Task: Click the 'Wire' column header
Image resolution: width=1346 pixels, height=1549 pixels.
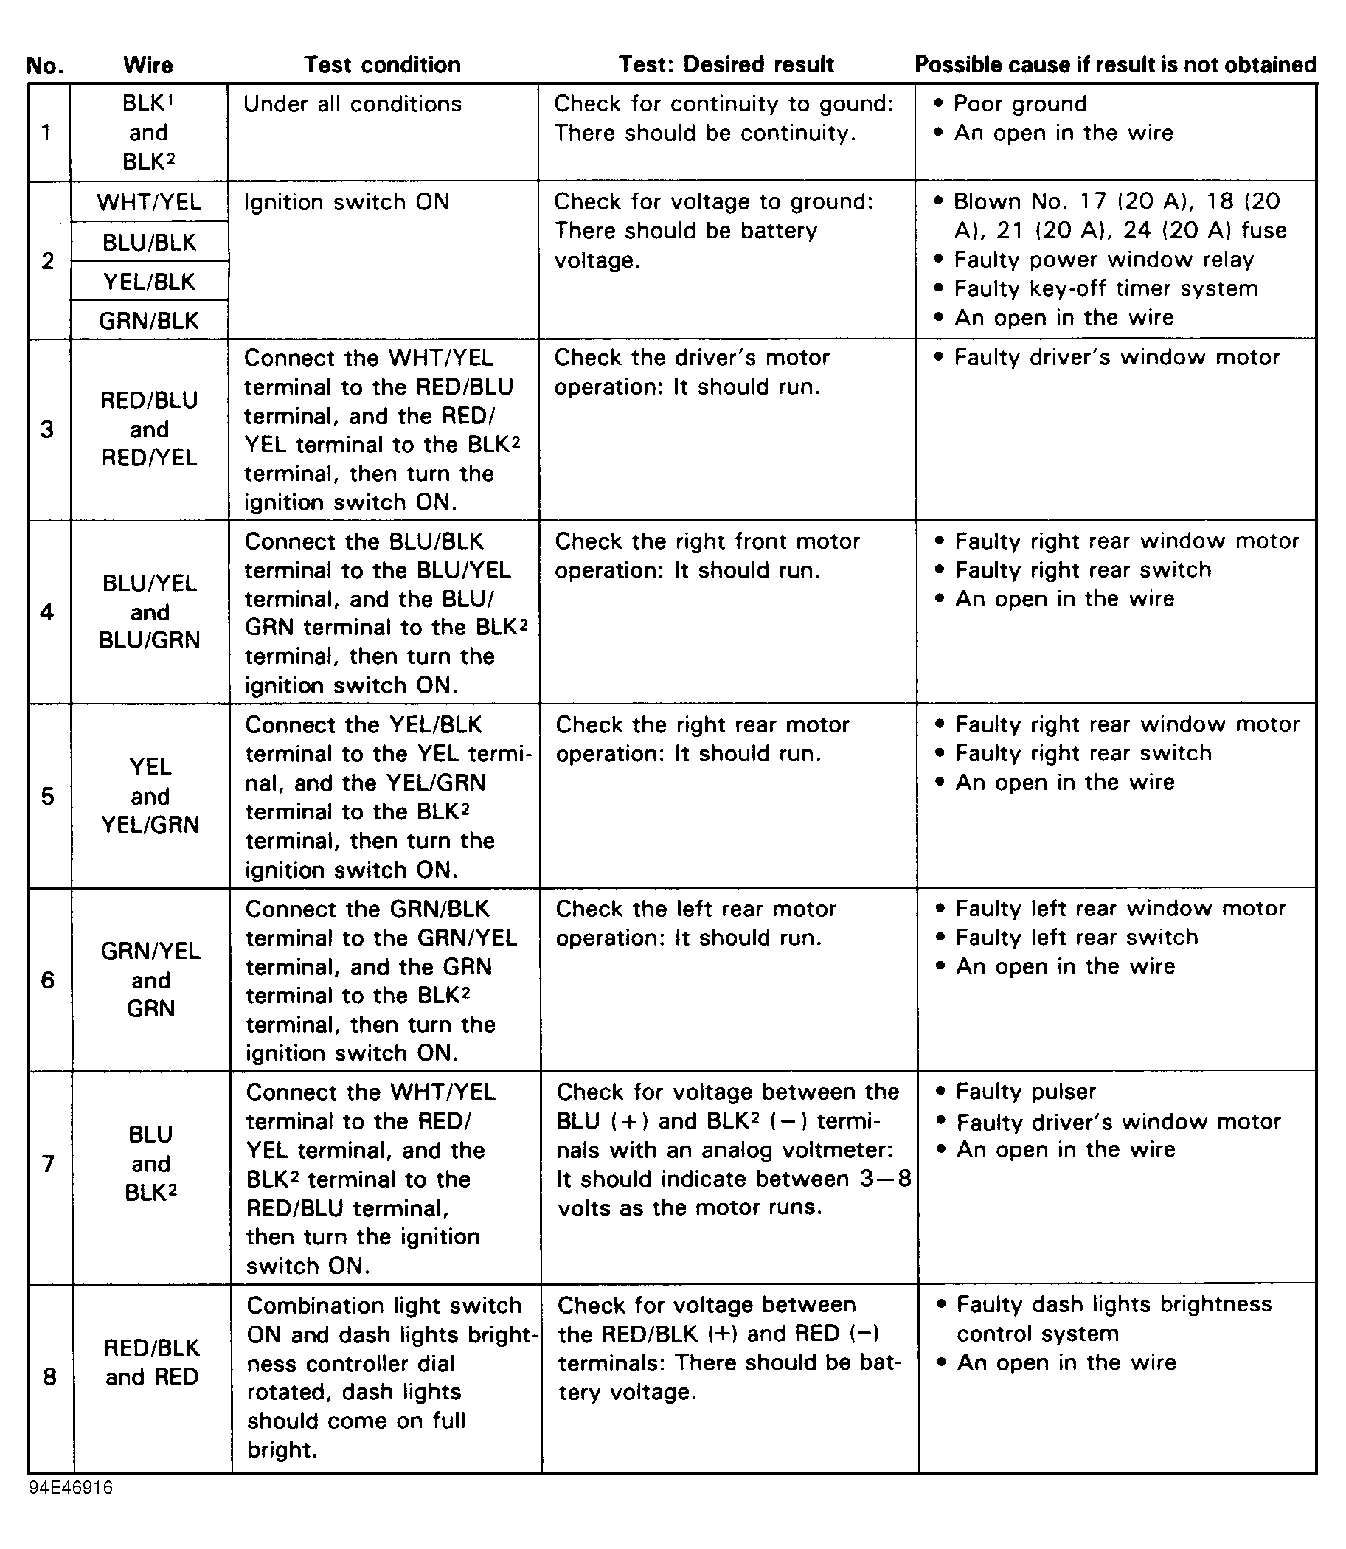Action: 148,66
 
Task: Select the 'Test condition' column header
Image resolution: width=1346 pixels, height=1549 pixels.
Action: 381,65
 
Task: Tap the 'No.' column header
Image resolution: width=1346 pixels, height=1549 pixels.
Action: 44,66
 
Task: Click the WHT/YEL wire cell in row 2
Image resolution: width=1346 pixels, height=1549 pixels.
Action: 150,202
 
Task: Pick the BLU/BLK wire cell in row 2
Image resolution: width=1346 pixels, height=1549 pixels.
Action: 150,242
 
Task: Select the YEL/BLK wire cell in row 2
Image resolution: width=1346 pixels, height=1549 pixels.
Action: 150,282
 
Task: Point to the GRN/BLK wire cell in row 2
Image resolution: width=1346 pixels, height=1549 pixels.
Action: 150,321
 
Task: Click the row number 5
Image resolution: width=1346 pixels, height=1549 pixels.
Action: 48,796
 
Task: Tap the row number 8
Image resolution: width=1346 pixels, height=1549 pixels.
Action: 49,1376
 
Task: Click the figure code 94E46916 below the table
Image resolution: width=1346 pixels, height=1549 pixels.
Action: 72,1487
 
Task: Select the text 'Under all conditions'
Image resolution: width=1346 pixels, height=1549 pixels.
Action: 353,104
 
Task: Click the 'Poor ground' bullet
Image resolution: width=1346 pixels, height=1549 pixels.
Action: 1019,104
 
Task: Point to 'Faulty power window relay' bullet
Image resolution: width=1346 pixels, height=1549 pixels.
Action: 1103,260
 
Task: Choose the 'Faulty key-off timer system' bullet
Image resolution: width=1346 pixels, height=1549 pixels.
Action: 1105,288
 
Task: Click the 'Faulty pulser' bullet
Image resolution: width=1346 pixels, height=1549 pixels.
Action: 1025,1092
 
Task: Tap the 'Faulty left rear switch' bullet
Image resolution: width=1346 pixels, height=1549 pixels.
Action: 1076,938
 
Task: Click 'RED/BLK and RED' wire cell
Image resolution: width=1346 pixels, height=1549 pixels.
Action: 152,1362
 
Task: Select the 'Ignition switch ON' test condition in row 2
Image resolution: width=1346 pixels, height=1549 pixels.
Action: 346,202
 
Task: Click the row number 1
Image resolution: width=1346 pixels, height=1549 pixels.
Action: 46,133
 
